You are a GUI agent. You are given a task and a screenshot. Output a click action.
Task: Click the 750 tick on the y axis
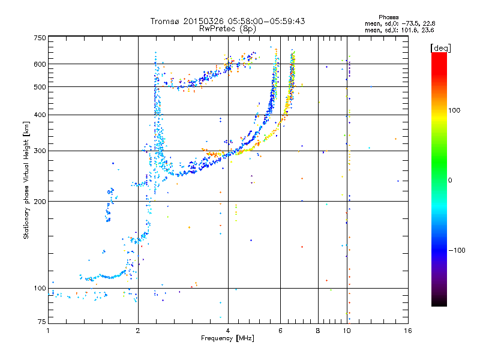[x=40, y=38]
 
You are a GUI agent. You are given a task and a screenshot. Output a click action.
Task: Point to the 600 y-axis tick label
[x=40, y=64]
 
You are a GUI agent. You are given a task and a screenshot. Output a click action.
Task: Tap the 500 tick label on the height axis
[x=40, y=87]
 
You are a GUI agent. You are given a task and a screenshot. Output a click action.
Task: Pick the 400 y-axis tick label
[x=40, y=115]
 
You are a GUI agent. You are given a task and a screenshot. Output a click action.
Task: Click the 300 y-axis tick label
[x=40, y=151]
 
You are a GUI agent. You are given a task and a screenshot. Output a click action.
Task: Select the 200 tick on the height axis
[x=40, y=202]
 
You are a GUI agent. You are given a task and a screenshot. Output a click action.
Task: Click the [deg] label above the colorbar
[x=441, y=47]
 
